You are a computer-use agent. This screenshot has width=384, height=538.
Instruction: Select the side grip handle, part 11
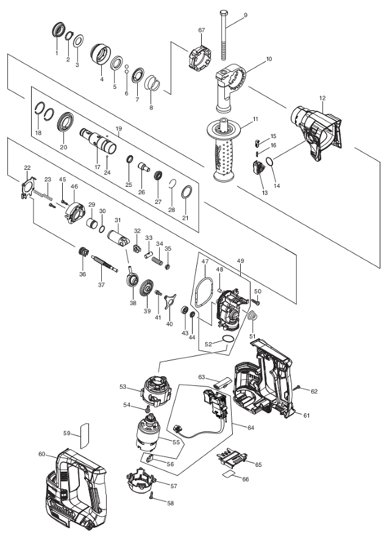[x=224, y=149]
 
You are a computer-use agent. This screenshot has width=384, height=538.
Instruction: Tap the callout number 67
[x=202, y=30]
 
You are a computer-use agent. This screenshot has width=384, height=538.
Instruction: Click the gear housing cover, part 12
[x=316, y=132]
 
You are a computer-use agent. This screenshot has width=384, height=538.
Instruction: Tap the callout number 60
[x=41, y=454]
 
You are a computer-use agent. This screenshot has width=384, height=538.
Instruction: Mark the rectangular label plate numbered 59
[x=85, y=436]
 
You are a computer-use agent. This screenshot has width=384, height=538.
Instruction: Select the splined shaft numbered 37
[x=105, y=264]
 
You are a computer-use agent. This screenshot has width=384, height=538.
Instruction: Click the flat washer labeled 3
[x=78, y=41]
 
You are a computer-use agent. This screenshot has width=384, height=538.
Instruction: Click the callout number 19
[x=119, y=128]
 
